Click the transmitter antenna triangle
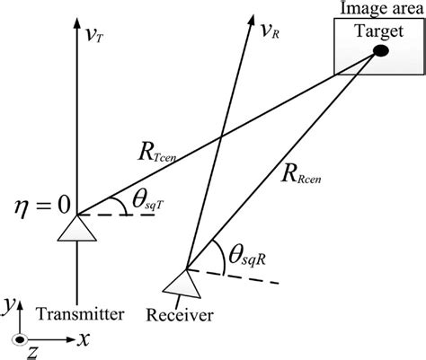point(76,228)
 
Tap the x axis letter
point(83,338)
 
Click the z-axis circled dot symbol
point(19,339)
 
